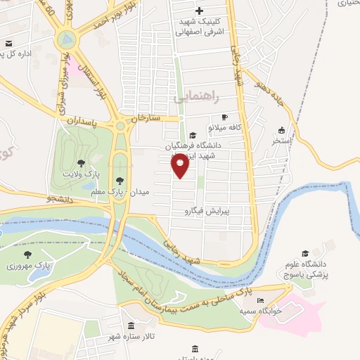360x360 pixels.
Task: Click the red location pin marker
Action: click(180, 166)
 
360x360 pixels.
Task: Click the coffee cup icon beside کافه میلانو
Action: click(224, 117)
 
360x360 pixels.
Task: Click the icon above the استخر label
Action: click(281, 130)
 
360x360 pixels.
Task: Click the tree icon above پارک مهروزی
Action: click(27, 255)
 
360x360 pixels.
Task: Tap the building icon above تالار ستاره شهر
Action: click(131, 325)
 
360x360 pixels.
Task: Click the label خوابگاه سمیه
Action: click(261, 310)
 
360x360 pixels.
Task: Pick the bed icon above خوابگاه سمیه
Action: click(261, 300)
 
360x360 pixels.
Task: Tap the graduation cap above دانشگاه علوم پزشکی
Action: click(304, 253)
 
